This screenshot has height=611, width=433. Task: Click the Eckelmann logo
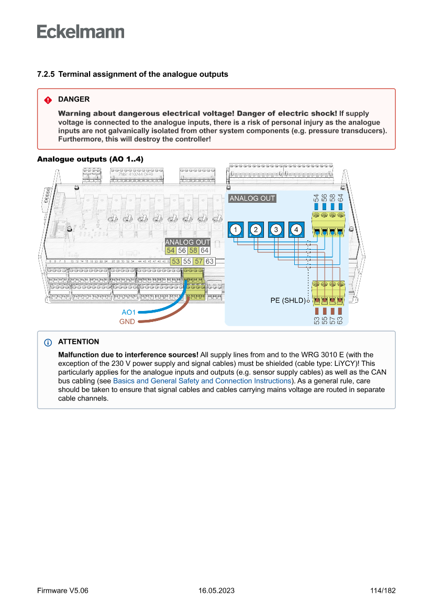81,31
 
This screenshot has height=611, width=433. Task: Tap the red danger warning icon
48,100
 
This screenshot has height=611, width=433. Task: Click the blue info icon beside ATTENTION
48,342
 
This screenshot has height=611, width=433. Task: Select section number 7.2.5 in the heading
46,74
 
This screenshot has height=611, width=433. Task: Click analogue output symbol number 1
236,230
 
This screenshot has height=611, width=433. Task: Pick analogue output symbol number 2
256,230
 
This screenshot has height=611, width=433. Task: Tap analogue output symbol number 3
276,230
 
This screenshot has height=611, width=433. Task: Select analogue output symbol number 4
296,230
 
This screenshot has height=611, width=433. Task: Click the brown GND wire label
127,322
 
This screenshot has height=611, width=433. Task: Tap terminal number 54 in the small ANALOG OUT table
171,251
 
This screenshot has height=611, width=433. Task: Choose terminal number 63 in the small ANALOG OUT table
209,261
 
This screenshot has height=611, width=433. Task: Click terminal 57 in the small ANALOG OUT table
198,261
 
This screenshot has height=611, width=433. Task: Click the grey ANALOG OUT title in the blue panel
252,199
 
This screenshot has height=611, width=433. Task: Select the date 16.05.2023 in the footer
216,591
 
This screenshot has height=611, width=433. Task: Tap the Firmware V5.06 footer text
62,591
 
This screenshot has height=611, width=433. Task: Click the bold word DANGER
74,99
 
